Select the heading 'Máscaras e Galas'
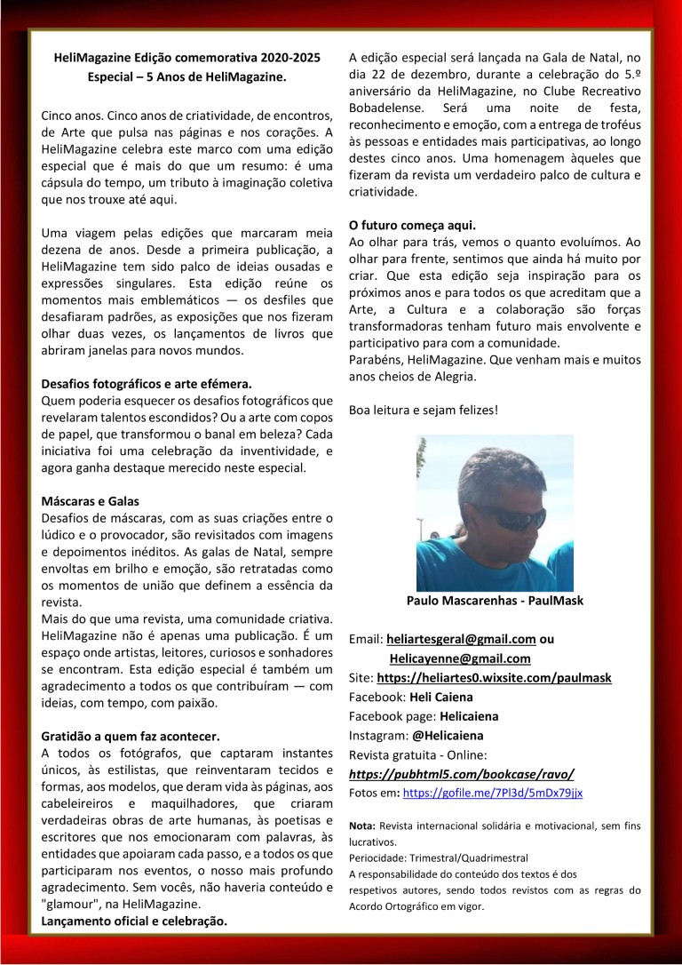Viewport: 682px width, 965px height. (x=90, y=501)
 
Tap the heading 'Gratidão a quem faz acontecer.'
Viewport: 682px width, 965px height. (x=130, y=736)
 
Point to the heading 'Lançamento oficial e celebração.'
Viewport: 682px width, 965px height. (x=134, y=921)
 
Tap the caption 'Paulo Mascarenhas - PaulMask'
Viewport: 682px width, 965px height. (x=495, y=601)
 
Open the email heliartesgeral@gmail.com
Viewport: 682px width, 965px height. (x=461, y=639)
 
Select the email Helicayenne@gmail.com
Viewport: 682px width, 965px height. (x=459, y=658)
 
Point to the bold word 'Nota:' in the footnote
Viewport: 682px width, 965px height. (x=362, y=825)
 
